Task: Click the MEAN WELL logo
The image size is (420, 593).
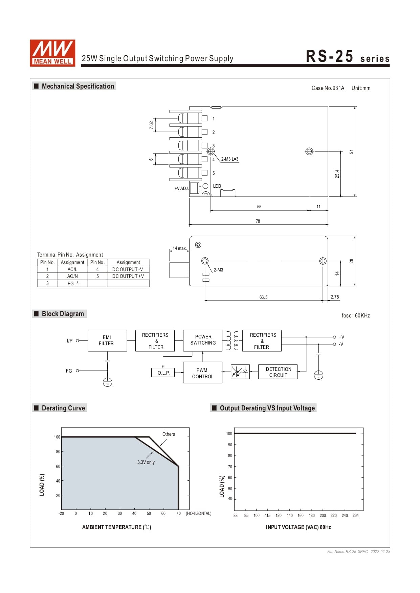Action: click(x=52, y=53)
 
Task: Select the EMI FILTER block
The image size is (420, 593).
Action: click(x=107, y=340)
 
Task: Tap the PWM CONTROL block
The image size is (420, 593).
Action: click(x=202, y=373)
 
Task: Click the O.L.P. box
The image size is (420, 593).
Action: click(x=163, y=373)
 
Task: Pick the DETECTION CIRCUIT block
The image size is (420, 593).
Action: click(x=278, y=372)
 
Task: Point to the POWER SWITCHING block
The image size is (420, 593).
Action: click(x=203, y=340)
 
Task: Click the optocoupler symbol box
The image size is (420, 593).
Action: click(x=240, y=372)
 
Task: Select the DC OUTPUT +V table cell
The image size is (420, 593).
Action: click(x=128, y=276)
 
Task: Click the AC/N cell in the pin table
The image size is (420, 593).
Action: click(x=72, y=276)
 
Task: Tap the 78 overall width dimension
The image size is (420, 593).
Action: click(x=258, y=221)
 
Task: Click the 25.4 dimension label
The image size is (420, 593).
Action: click(x=337, y=174)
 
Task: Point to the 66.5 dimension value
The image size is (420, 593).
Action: click(x=263, y=297)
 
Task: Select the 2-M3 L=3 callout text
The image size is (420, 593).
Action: click(x=230, y=159)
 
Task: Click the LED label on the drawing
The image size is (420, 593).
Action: click(x=217, y=186)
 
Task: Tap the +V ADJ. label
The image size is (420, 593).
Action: click(x=181, y=188)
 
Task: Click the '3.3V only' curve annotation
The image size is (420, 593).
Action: click(x=146, y=462)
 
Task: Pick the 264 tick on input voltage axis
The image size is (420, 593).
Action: click(x=355, y=515)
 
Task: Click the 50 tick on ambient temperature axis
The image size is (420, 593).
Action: click(x=149, y=513)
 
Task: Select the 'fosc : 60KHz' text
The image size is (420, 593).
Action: click(x=356, y=315)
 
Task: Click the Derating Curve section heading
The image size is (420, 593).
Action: click(x=63, y=408)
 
